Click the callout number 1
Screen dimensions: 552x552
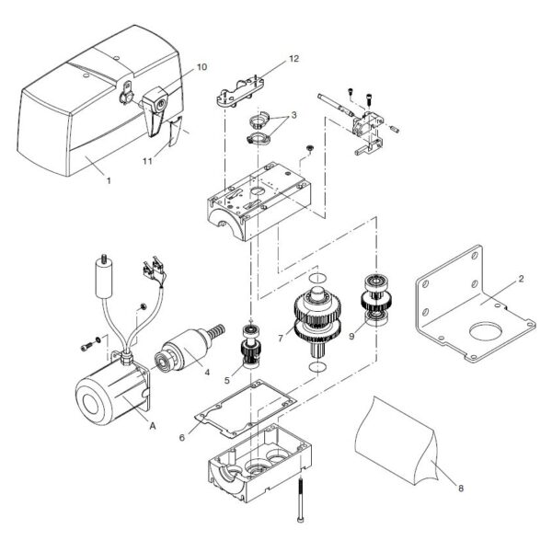pyautogui.click(x=108, y=181)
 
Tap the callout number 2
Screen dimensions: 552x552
pyautogui.click(x=520, y=278)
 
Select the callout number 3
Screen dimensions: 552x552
pyautogui.click(x=293, y=116)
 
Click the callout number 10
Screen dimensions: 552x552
pyautogui.click(x=201, y=67)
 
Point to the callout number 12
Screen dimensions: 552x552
pyautogui.click(x=294, y=58)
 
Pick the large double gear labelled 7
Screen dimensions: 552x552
pyautogui.click(x=316, y=317)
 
